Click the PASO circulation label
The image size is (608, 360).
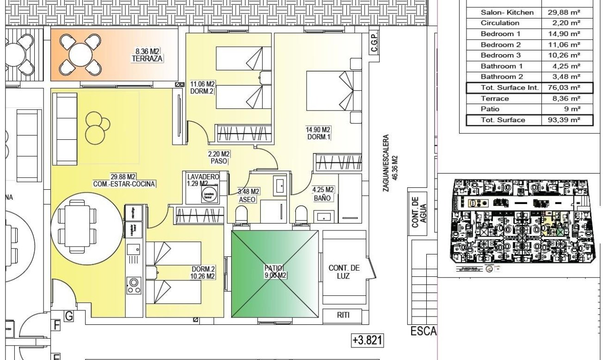[219, 161]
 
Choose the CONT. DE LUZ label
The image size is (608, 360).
[344, 272]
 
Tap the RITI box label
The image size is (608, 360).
[343, 316]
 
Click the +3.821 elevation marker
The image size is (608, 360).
[368, 341]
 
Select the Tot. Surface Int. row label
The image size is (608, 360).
[503, 87]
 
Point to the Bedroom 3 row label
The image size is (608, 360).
[500, 56]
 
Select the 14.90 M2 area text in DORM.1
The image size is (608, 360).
[319, 130]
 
